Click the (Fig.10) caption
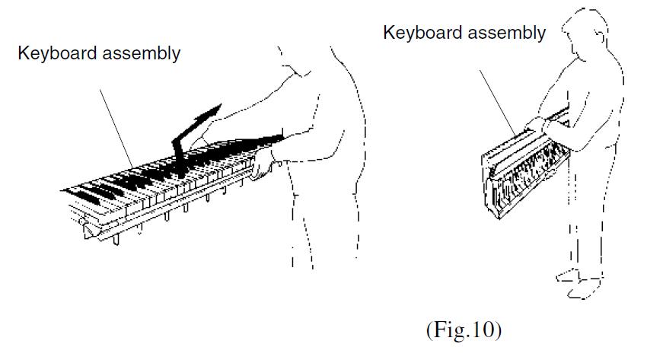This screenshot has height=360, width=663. [x=464, y=330]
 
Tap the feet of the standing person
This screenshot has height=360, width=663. [x=579, y=283]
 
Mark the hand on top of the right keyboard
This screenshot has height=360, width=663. [x=536, y=123]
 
